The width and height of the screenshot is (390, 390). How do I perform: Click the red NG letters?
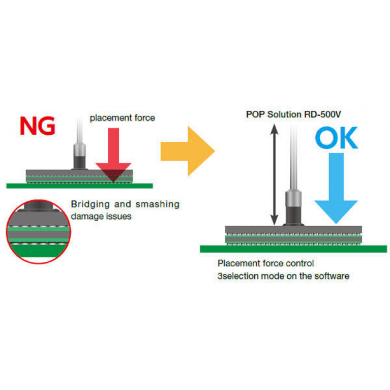pos(37,126)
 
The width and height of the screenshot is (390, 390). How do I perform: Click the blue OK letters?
pos(336,139)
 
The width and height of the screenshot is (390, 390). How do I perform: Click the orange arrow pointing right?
pos(187,151)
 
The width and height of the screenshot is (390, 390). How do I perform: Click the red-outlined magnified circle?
pos(39,231)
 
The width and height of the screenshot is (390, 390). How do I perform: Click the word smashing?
pos(158,204)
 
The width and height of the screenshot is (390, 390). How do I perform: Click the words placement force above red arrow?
pos(122,118)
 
